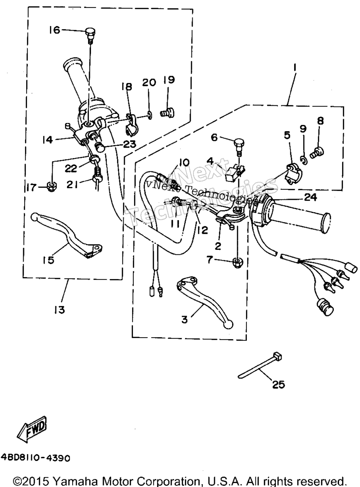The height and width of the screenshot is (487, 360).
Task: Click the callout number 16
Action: [55, 30]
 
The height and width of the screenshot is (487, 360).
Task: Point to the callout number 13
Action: [60, 310]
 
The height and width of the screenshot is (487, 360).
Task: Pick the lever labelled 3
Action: [204, 302]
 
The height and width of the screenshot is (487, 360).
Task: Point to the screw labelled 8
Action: [317, 153]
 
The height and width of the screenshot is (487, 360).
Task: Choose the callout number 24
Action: [310, 197]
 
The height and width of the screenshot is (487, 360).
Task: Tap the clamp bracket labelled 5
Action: [294, 174]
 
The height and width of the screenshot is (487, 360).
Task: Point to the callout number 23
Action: [129, 144]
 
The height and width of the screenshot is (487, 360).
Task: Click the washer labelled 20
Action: [150, 115]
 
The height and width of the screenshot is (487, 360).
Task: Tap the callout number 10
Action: [184, 163]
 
